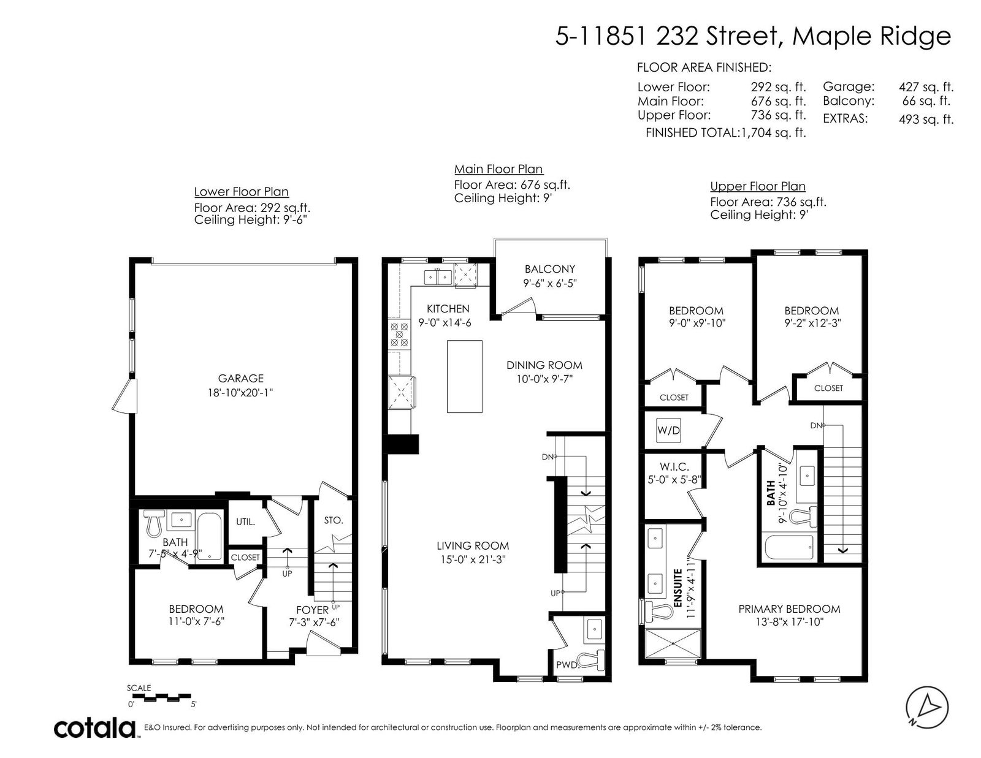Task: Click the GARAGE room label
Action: click(x=240, y=379)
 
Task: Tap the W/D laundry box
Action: click(x=668, y=430)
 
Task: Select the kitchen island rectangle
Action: click(x=465, y=376)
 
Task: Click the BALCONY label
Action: click(x=550, y=269)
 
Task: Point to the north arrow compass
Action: click(x=927, y=708)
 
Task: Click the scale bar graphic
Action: click(x=162, y=697)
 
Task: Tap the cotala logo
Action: click(x=95, y=727)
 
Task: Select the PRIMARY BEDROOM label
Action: click(x=789, y=608)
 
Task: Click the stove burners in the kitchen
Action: click(x=399, y=335)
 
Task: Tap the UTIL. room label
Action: click(x=246, y=522)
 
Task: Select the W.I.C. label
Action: click(x=674, y=468)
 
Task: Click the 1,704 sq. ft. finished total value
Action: click(x=773, y=132)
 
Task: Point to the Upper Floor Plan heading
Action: click(x=758, y=186)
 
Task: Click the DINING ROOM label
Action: click(x=544, y=365)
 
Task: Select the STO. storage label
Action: click(x=333, y=520)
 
